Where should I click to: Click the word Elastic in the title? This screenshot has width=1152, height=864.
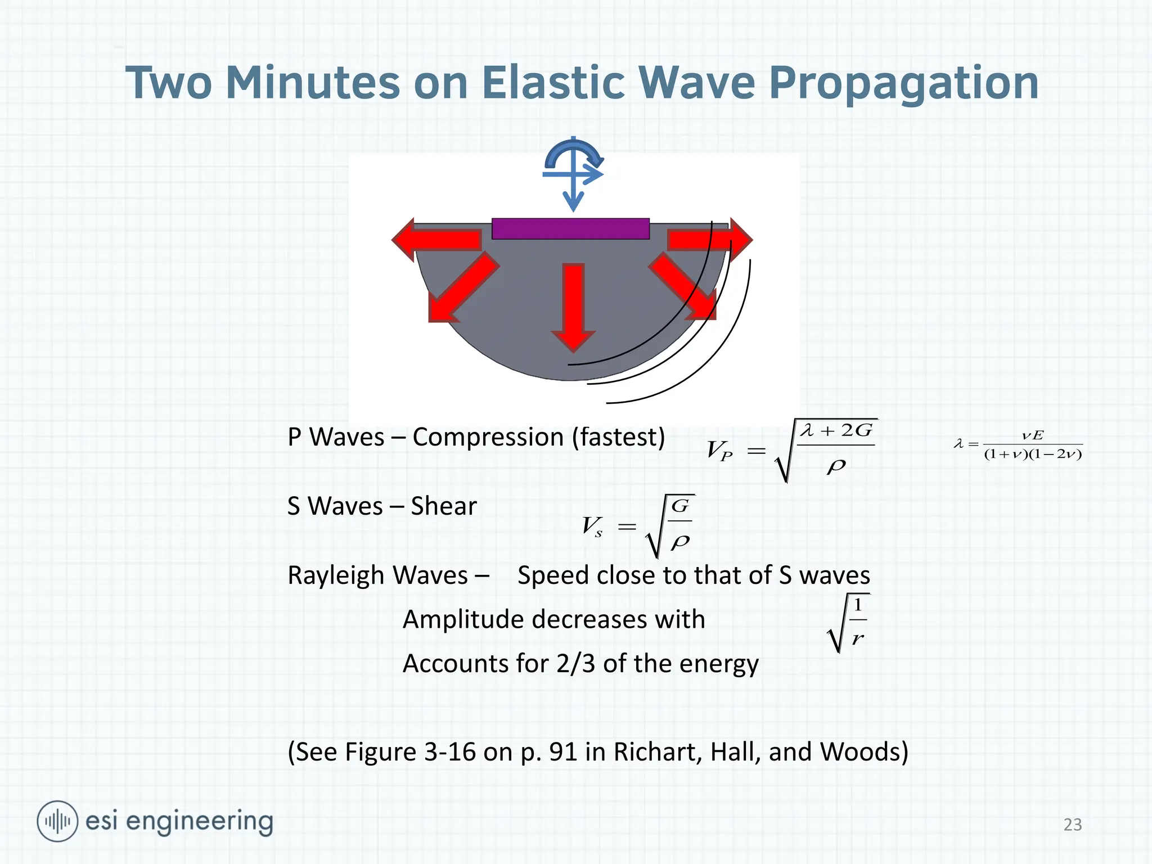tap(553, 83)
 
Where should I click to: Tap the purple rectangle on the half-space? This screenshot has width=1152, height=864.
tap(570, 229)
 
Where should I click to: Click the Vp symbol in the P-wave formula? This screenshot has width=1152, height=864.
tap(719, 451)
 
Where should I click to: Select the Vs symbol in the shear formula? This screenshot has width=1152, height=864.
tap(592, 526)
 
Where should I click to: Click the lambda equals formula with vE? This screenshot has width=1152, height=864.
tap(1018, 445)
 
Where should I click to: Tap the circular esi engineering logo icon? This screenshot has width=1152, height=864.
tap(57, 821)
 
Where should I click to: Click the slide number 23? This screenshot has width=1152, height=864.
tap(1072, 824)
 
